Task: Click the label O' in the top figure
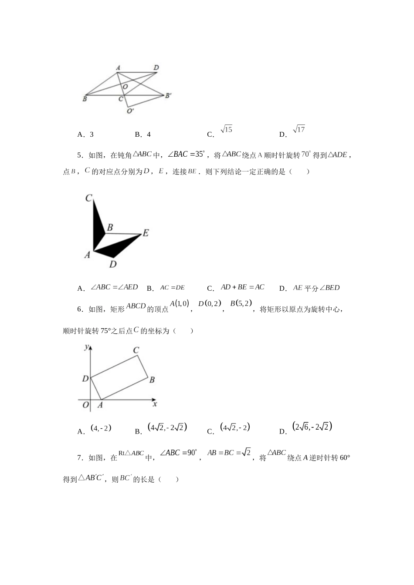point(130,111)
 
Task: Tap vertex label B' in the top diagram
point(168,95)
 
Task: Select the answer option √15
point(226,130)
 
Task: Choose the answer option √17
point(299,130)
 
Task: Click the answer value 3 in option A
point(92,134)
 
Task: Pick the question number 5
point(79,155)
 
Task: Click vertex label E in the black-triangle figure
point(146,233)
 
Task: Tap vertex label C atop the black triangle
point(88,198)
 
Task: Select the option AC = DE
point(172,287)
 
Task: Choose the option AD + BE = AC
point(242,287)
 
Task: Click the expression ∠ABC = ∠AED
point(114,287)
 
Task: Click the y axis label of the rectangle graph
point(87,346)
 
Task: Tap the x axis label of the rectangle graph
point(155,404)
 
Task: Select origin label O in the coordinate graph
point(85,405)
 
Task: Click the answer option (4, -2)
point(101,428)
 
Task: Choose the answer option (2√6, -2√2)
point(312,427)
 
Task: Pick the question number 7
point(79,457)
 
